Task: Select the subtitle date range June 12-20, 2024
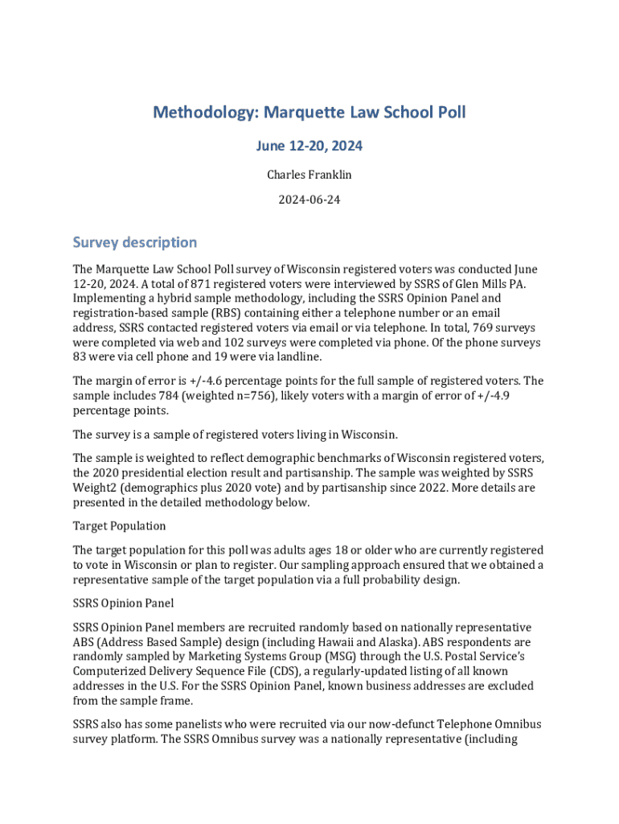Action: pyautogui.click(x=309, y=146)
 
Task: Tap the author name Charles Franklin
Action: pyautogui.click(x=309, y=174)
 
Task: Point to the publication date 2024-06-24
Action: pyautogui.click(x=309, y=200)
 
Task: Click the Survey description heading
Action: pyautogui.click(x=134, y=242)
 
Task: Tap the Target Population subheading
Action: pyautogui.click(x=120, y=525)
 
